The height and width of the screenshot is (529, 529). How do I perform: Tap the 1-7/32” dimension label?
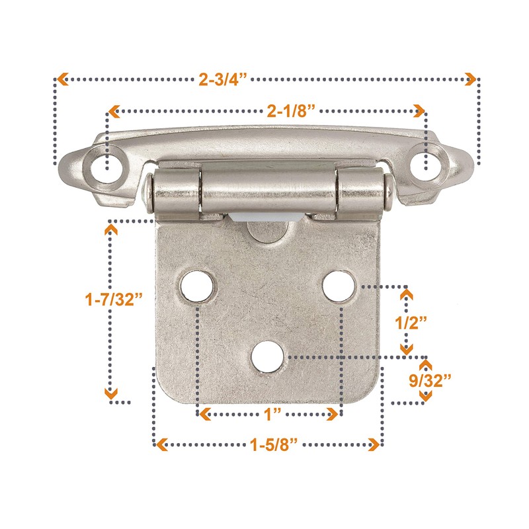tap(114, 300)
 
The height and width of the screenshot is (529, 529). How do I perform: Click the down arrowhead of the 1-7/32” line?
tap(112, 395)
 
